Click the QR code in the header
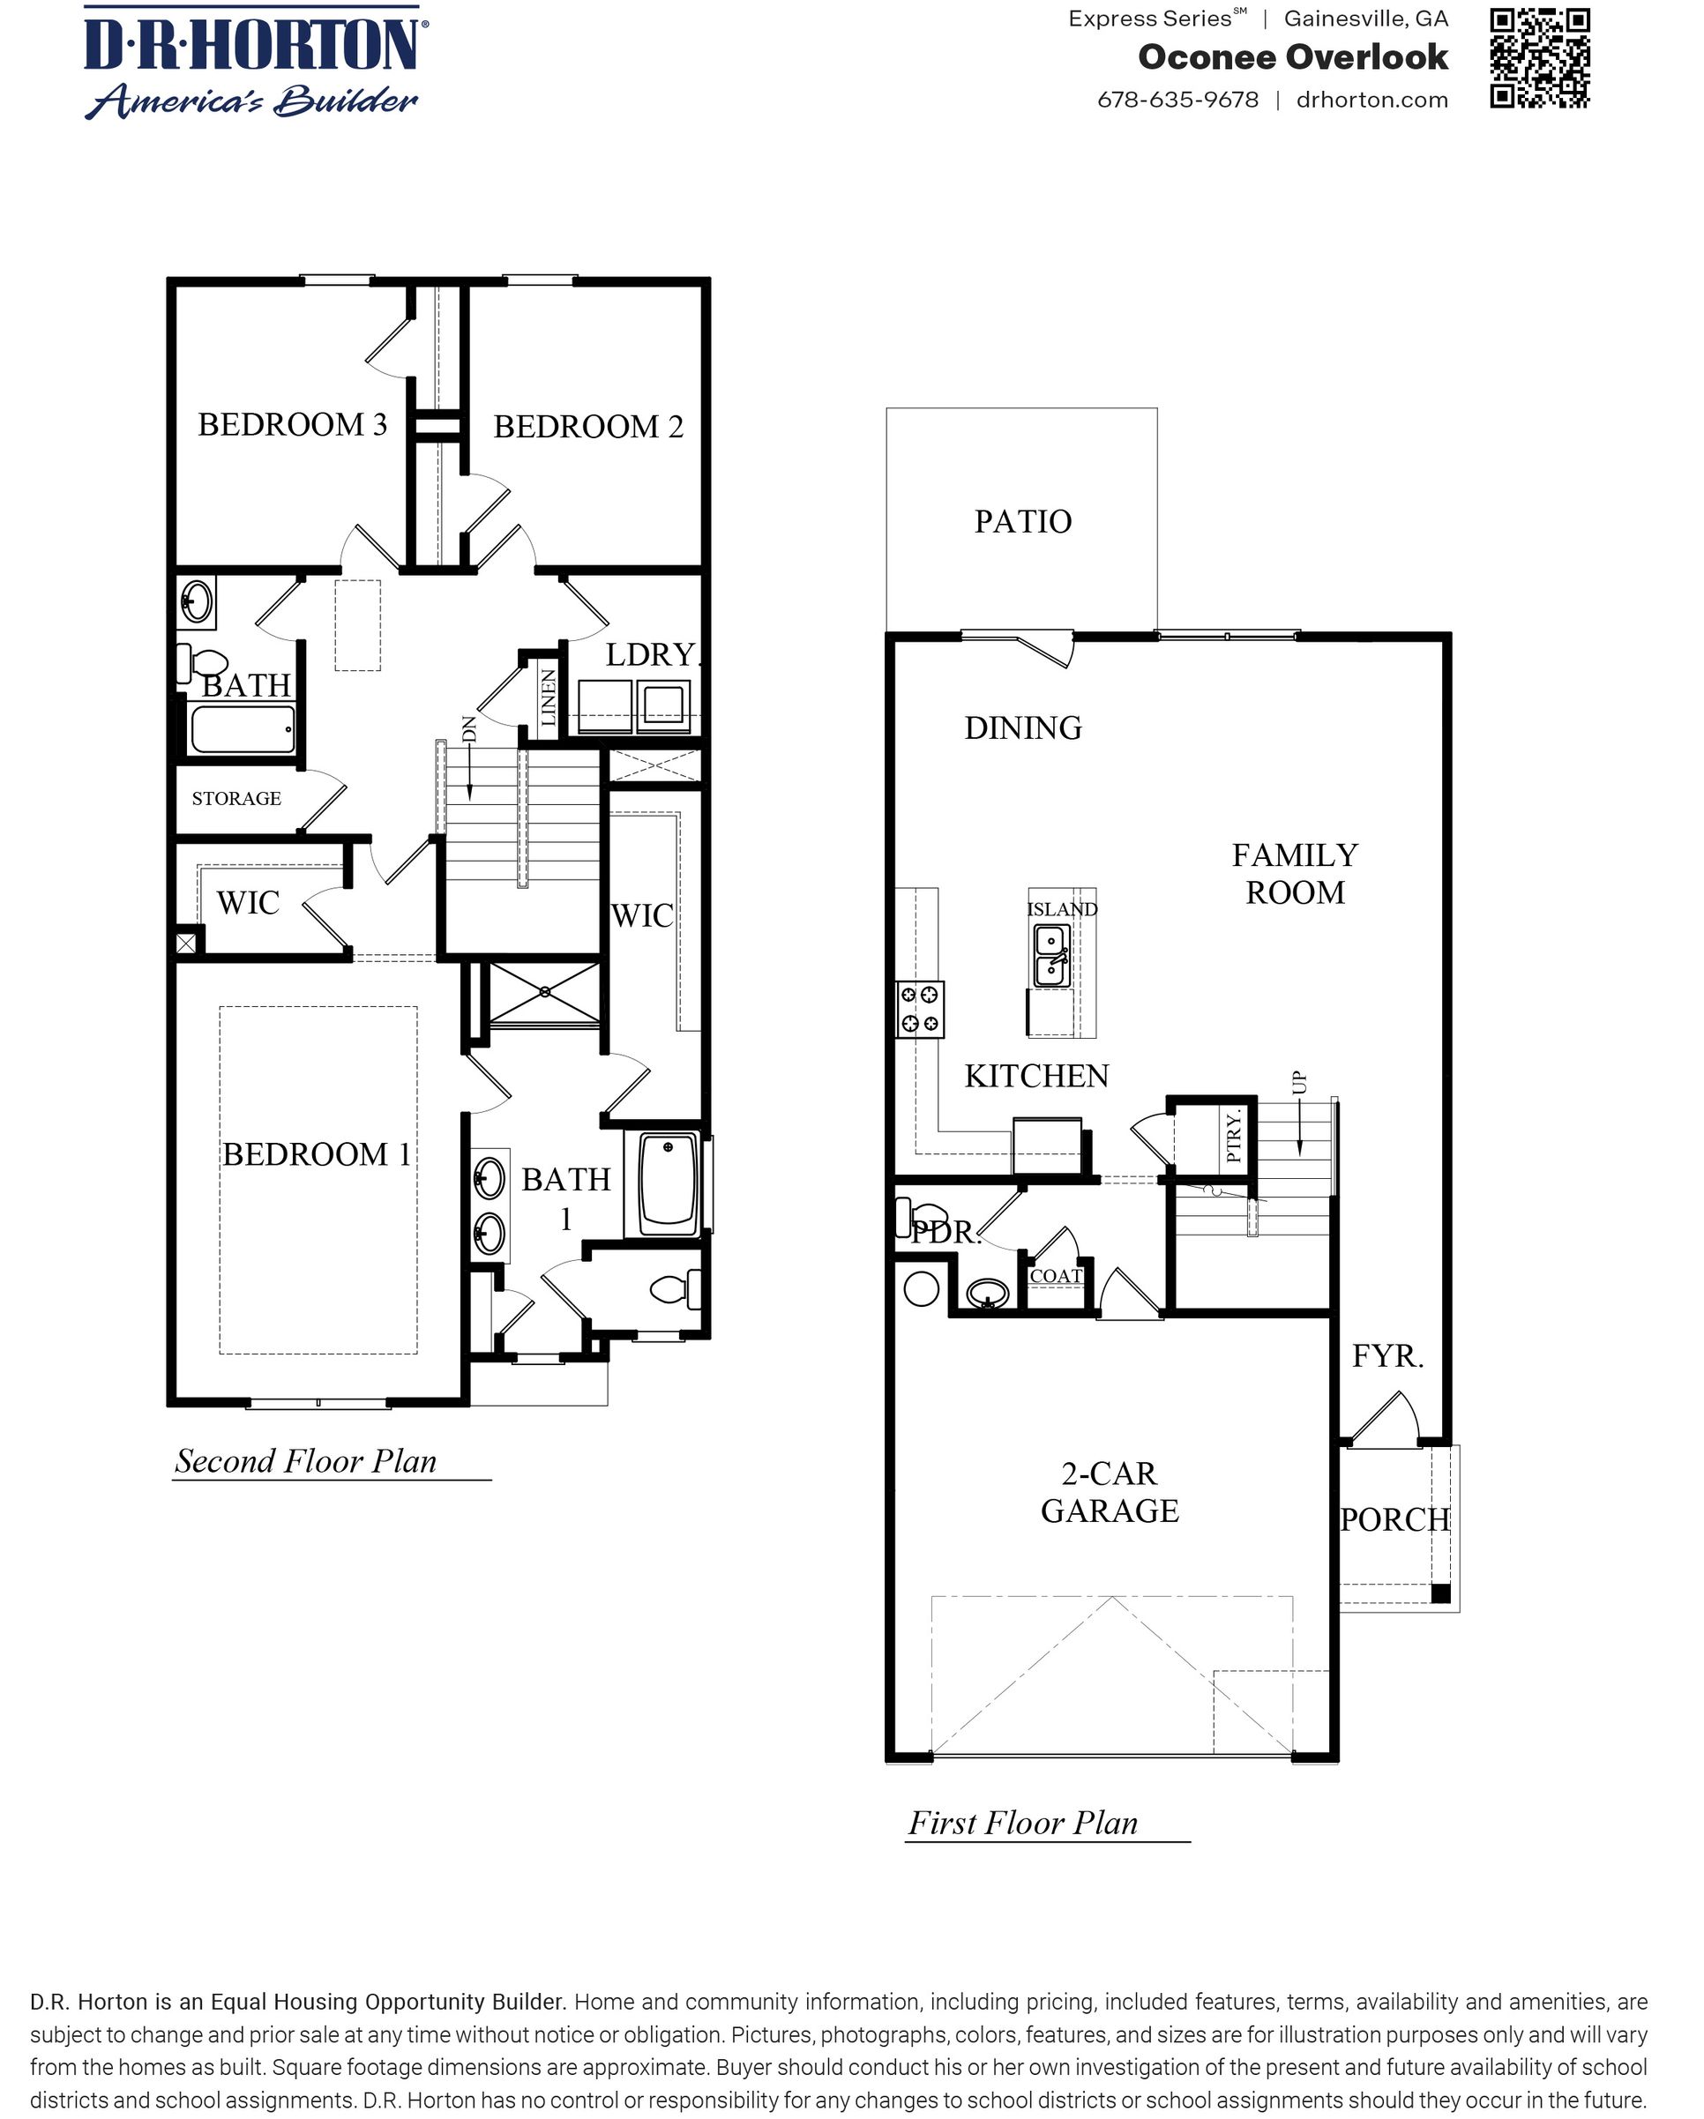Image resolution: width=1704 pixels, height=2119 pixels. [1539, 58]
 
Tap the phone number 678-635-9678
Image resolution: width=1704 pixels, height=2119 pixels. [1177, 101]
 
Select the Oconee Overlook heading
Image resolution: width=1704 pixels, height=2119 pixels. [1292, 57]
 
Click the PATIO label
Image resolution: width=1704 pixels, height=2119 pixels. [1022, 521]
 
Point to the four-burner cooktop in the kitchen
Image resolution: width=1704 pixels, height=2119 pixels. [920, 1010]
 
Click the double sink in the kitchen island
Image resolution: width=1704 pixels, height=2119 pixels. [1051, 955]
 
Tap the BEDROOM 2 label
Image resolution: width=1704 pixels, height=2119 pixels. [588, 427]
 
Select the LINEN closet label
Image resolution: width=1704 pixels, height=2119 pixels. [549, 697]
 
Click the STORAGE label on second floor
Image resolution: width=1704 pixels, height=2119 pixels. [236, 798]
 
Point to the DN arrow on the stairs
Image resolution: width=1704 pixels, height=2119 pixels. [470, 762]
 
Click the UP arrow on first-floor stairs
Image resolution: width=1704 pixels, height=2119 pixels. [1300, 1115]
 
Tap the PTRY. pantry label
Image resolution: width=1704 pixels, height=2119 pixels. [1235, 1135]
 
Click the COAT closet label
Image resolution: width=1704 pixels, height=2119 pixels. [1055, 1276]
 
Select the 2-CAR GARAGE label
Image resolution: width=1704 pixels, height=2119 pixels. [1110, 1492]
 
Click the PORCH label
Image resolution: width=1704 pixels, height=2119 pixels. [1395, 1519]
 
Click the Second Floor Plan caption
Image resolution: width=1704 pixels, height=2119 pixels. [306, 1461]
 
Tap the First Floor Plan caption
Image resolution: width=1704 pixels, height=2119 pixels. [1022, 1824]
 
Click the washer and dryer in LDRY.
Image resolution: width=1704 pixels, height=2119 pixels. [635, 705]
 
